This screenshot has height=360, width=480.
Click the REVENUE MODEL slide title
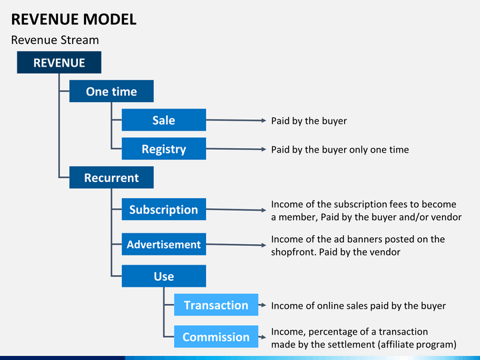tap(74, 19)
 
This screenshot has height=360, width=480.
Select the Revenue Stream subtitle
tap(55, 40)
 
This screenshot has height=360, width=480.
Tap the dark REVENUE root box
tap(59, 63)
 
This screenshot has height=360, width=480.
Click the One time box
tap(111, 91)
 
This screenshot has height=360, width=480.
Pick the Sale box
tap(163, 120)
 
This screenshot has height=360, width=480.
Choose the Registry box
tap(163, 149)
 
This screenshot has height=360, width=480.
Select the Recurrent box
tap(111, 178)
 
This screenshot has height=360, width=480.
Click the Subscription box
tap(163, 209)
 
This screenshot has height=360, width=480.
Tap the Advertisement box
tap(163, 245)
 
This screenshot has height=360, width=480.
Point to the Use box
tap(163, 276)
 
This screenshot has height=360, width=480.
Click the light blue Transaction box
tap(216, 305)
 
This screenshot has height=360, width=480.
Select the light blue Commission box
tap(216, 337)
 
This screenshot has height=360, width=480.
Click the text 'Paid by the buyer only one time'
tap(339, 150)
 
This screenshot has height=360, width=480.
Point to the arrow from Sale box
tap(236, 121)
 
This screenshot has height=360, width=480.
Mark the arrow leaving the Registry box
tap(236, 149)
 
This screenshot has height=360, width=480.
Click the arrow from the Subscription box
tap(236, 210)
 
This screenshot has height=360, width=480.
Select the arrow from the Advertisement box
tap(236, 245)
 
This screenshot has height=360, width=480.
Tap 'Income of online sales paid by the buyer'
tap(358, 306)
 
